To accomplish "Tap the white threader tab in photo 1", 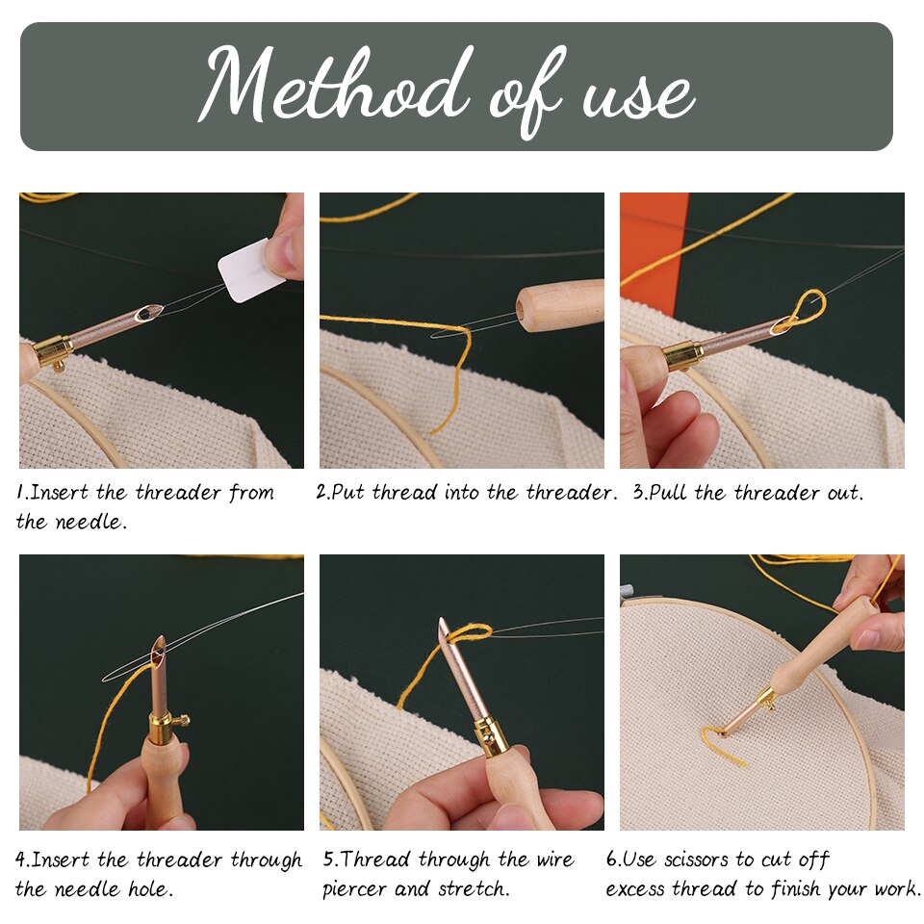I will pyautogui.click(x=251, y=270).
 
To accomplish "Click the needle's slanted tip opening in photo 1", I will pyautogui.click(x=149, y=313).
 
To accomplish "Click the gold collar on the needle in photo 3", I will pyautogui.click(x=682, y=355).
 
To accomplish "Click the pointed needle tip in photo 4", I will pyautogui.click(x=159, y=643).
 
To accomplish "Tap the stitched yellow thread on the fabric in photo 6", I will pyautogui.click(x=722, y=744).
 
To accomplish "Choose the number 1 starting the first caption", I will pyautogui.click(x=20, y=493).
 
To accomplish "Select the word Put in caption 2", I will pyautogui.click(x=349, y=493).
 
